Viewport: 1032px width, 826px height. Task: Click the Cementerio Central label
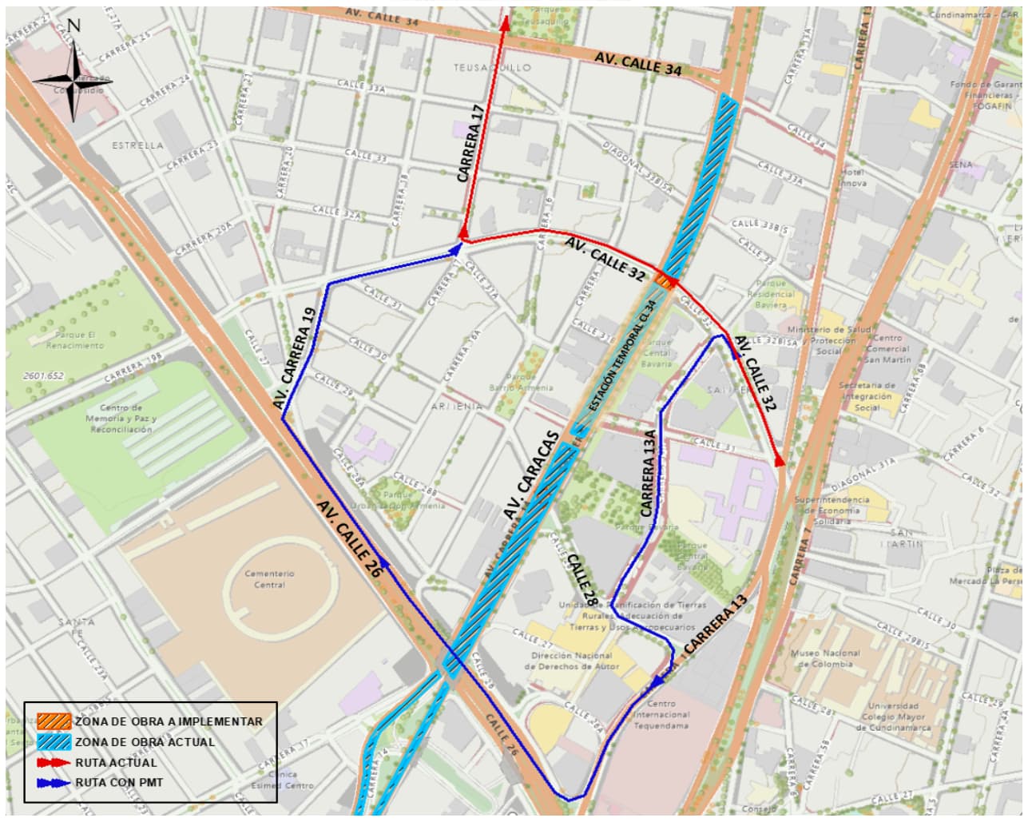coord(269,579)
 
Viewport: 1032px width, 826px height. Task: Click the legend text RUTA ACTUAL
coord(116,763)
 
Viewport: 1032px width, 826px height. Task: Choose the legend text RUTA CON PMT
coord(119,783)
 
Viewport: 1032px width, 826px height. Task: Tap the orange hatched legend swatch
coord(54,721)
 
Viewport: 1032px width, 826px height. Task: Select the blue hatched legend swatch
coord(54,741)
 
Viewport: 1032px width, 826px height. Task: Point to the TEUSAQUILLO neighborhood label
coord(492,68)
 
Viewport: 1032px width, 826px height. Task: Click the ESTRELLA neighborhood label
coord(137,145)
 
